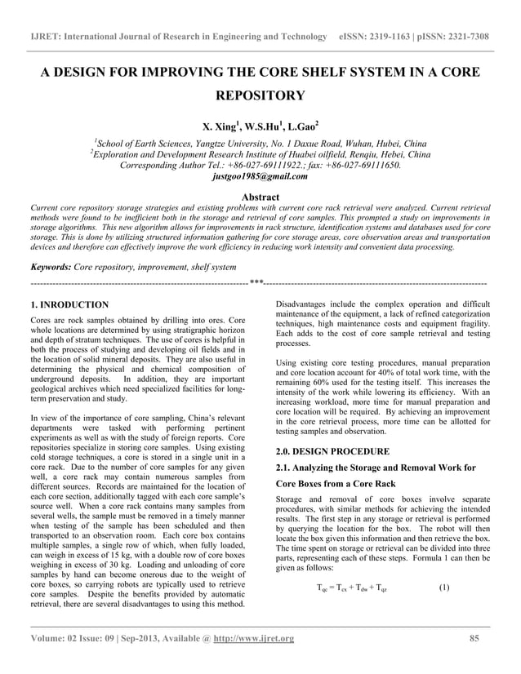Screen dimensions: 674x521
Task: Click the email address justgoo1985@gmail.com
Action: [260, 175]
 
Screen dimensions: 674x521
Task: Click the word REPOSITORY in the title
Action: [260, 96]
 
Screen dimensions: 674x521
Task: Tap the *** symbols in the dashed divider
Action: [256, 282]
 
